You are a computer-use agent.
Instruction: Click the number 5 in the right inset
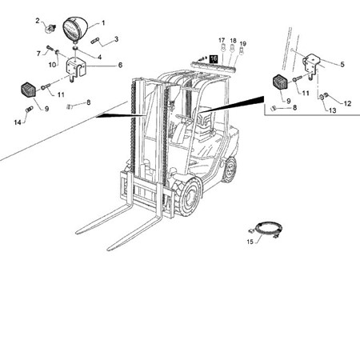(342, 64)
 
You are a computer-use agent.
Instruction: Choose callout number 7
(38, 53)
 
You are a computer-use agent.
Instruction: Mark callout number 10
(53, 64)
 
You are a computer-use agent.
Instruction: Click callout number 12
(348, 103)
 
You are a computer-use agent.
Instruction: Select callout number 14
(17, 123)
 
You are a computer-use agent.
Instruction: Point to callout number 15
(249, 240)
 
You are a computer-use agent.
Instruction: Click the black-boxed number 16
(214, 58)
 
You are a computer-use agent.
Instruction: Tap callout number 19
(243, 43)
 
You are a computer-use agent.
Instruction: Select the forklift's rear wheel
(230, 169)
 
